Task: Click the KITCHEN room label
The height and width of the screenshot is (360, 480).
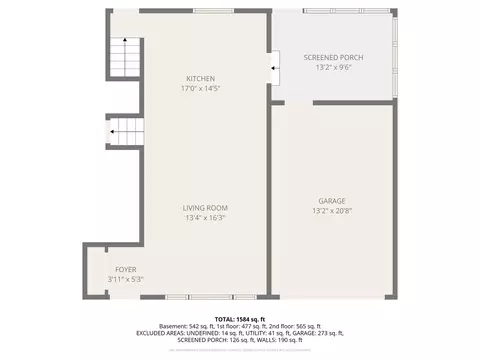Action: tap(200, 78)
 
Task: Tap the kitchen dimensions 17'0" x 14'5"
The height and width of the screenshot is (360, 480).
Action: tap(200, 88)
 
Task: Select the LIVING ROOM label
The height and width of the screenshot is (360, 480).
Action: tap(204, 208)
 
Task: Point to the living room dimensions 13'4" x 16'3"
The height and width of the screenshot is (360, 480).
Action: tap(204, 218)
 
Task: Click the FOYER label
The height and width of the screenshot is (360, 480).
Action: tap(125, 269)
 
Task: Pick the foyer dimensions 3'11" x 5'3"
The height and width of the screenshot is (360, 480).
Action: tap(125, 279)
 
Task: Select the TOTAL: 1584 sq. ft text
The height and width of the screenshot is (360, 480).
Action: tap(240, 318)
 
